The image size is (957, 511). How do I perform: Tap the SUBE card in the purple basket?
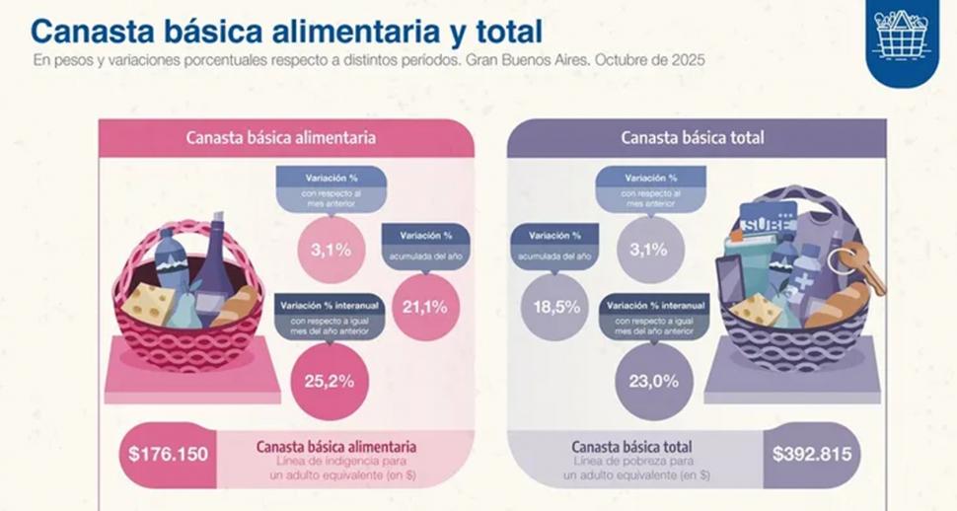769,221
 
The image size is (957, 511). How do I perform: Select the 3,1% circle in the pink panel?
331,250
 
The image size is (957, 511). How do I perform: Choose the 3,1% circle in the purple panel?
648,250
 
